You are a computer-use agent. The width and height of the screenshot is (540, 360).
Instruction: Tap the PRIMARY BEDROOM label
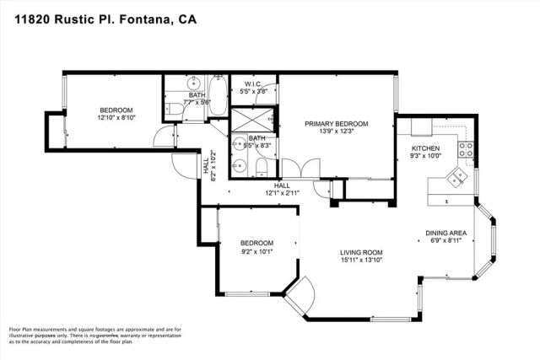[x=337, y=124]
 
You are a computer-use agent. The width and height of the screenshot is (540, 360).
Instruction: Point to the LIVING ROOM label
[x=361, y=252]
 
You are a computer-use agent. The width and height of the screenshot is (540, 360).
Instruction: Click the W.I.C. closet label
[x=254, y=84]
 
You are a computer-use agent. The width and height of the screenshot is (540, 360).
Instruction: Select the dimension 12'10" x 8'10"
[x=116, y=118]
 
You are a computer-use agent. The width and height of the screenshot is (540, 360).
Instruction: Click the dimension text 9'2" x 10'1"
[x=258, y=250]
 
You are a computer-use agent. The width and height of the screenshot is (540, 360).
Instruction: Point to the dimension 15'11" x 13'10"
[x=361, y=261]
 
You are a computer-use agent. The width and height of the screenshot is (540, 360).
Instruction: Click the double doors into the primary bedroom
[x=297, y=169]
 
